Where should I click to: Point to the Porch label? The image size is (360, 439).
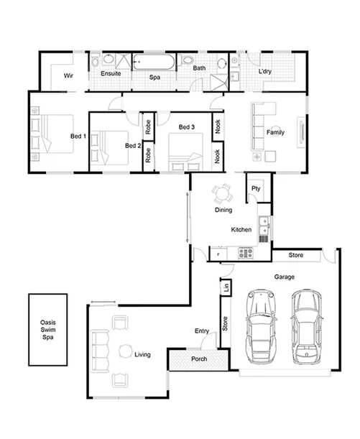[199, 359]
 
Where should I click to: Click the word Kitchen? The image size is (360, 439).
[241, 230]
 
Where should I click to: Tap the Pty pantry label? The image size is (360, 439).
[255, 189]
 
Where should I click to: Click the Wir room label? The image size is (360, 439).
[69, 75]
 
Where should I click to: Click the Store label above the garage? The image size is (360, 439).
[295, 255]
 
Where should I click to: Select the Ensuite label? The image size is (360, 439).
[110, 73]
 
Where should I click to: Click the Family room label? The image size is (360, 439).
[274, 133]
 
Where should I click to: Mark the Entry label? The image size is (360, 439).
[202, 331]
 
